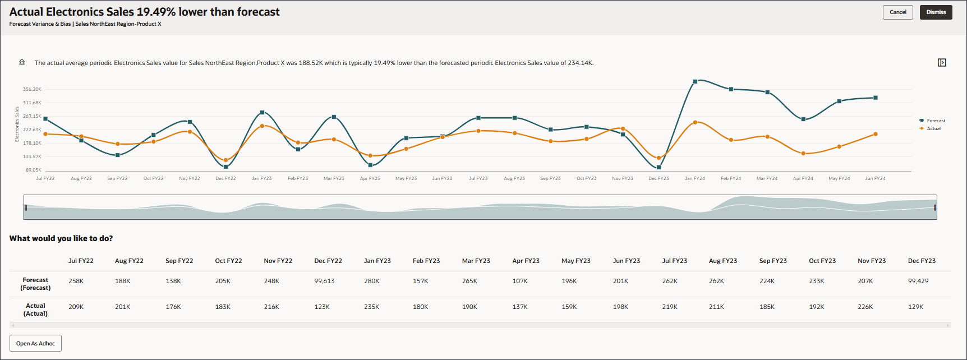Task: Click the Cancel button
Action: coord(897,12)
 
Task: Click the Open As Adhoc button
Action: coord(35,343)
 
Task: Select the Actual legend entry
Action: coord(933,128)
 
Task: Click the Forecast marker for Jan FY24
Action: coord(695,82)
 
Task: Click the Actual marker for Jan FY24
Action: coord(695,122)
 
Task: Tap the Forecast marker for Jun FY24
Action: coord(875,98)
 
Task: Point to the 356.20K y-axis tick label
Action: coord(32,89)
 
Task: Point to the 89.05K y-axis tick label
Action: coord(33,170)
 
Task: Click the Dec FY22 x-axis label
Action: coord(225,178)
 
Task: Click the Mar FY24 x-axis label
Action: coord(767,178)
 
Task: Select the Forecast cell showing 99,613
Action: coord(324,281)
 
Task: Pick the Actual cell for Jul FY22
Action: coord(76,307)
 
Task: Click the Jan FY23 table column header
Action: coord(377,261)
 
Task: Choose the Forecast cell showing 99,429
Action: coord(918,281)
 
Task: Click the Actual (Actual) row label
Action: coord(35,310)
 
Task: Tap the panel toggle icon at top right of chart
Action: coord(942,62)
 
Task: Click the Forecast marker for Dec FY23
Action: coord(659,167)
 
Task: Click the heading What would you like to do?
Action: coord(61,238)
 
